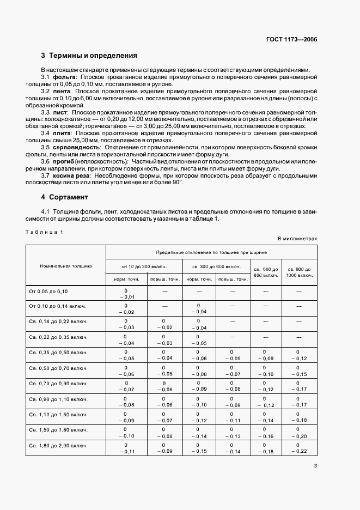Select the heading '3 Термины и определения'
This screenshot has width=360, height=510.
click(89, 55)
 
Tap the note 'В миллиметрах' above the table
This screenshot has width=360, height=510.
click(297, 239)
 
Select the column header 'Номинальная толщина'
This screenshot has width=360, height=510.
click(66, 266)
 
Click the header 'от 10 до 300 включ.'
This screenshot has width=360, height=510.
click(144, 266)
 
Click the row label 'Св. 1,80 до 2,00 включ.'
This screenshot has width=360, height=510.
click(58, 448)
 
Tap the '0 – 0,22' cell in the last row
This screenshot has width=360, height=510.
click(298, 448)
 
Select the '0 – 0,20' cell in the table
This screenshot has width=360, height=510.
click(298, 433)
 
